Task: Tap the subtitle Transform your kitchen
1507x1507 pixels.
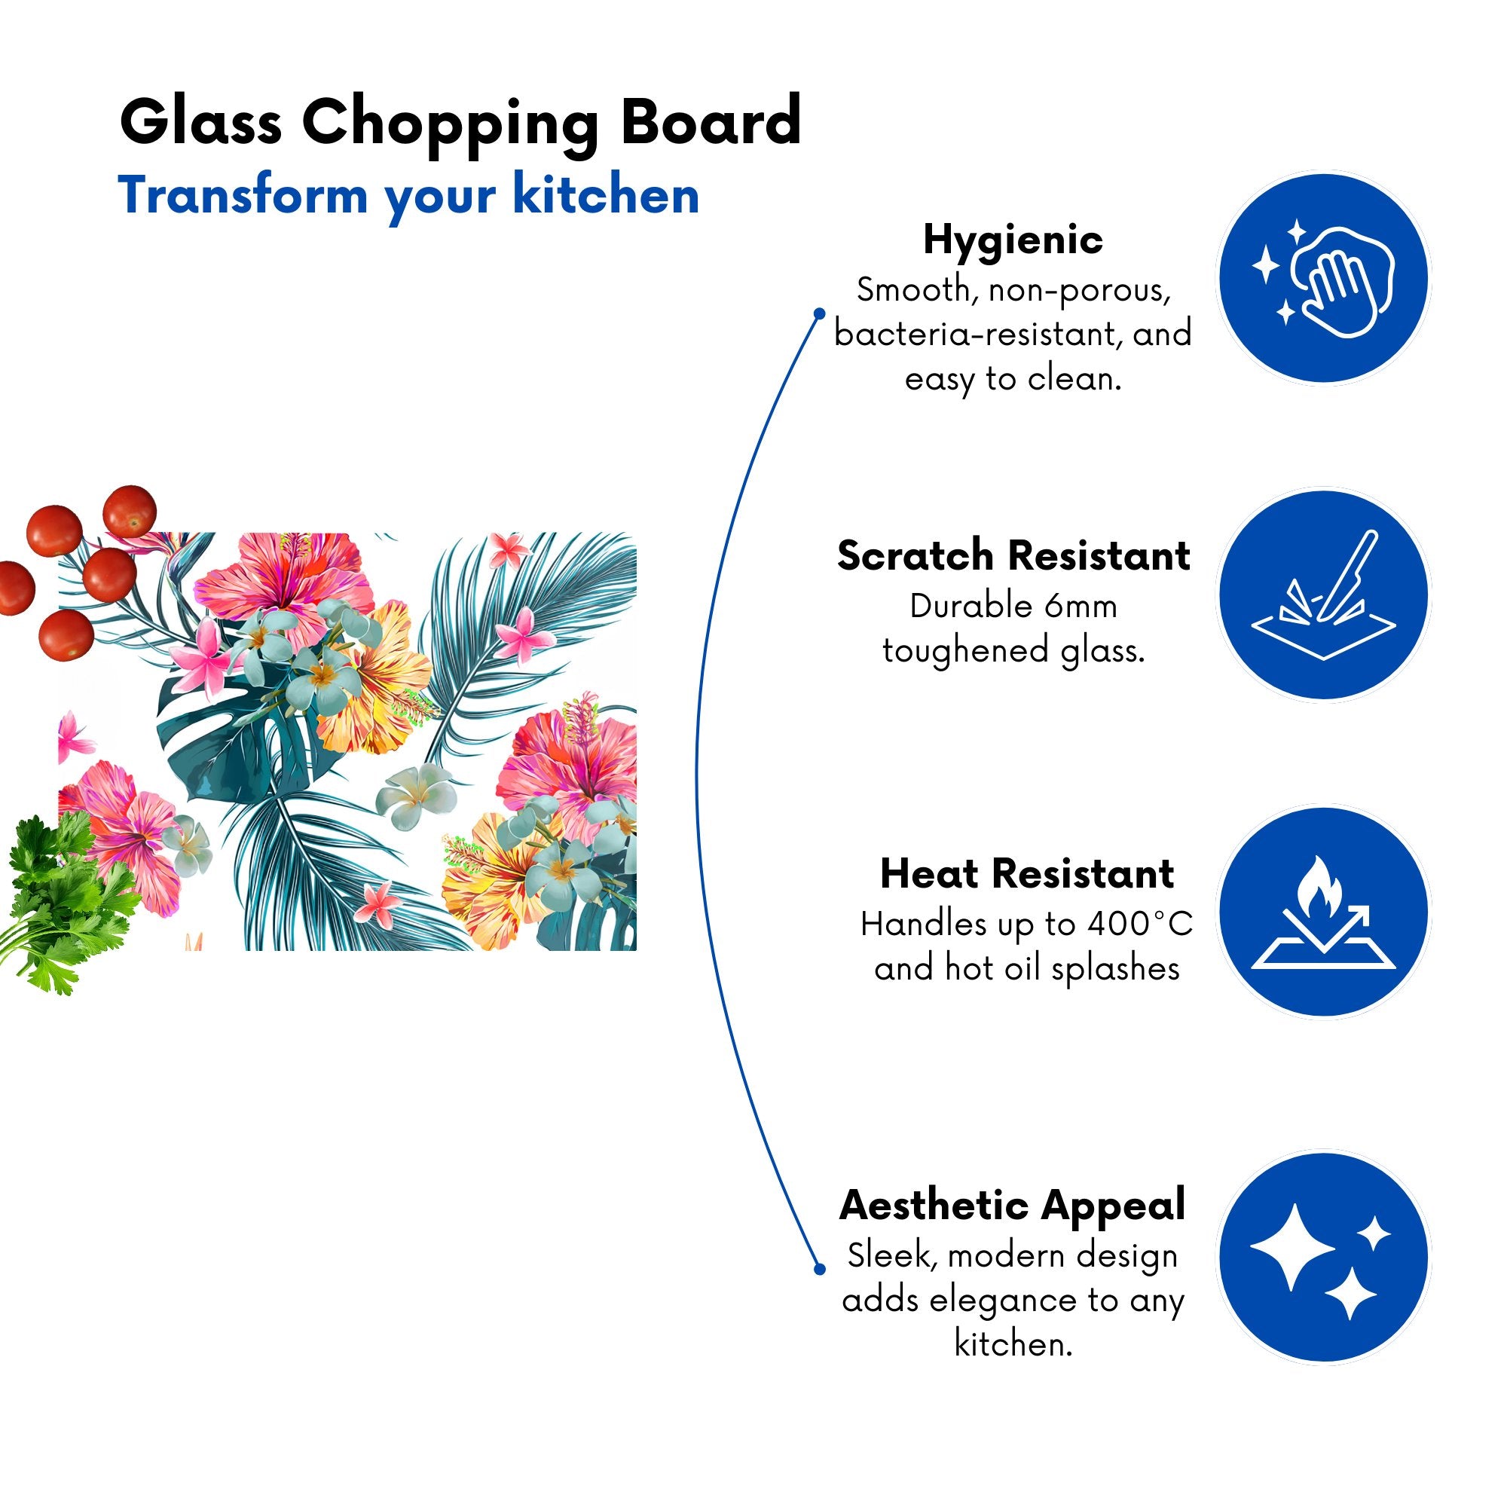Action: (x=408, y=197)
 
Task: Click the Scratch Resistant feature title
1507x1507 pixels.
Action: (x=1013, y=556)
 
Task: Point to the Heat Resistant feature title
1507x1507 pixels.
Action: (x=1026, y=873)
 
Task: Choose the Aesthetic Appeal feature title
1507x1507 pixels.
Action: (x=1013, y=1206)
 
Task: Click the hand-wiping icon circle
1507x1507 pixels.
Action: (x=1324, y=278)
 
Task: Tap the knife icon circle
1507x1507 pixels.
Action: (x=1324, y=595)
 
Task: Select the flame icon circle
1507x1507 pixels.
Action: (x=1324, y=912)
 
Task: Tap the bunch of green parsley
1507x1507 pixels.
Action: (x=66, y=901)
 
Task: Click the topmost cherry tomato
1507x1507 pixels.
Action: (x=130, y=511)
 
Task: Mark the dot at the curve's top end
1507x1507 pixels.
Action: (x=819, y=313)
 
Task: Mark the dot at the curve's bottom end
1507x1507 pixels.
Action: (x=819, y=1269)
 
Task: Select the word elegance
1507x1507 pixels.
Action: (x=1007, y=1301)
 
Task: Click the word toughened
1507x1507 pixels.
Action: (x=965, y=651)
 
